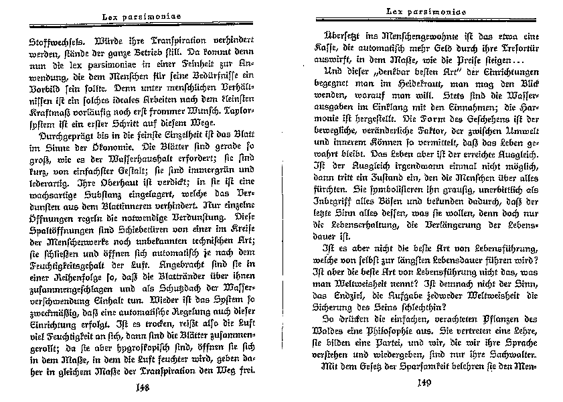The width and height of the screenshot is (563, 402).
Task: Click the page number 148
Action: click(141, 387)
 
